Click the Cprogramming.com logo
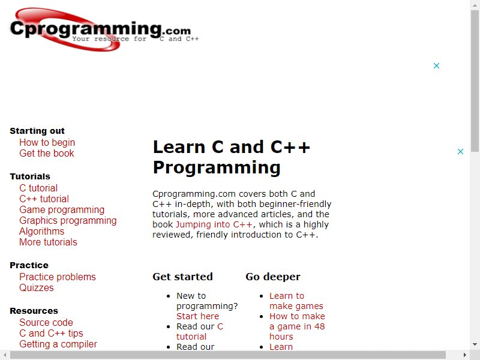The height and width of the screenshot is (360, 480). [x=104, y=29]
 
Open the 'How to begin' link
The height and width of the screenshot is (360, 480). [x=47, y=142]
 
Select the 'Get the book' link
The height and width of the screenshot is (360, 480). [x=47, y=153]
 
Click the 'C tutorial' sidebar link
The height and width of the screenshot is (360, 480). [x=38, y=188]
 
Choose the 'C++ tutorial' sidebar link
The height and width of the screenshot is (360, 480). [x=44, y=199]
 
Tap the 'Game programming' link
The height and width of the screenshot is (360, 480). [x=62, y=209]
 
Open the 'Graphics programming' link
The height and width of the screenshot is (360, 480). [x=68, y=220]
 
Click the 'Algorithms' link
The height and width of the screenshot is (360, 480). [x=41, y=231]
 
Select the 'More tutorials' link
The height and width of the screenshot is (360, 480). [x=48, y=242]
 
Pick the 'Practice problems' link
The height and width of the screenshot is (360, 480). [x=58, y=277]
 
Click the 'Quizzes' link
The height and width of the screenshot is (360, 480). [x=37, y=287]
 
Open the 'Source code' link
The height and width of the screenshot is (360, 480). [x=46, y=322]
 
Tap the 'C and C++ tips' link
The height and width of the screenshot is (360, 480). [x=51, y=333]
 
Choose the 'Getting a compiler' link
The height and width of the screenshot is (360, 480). [x=58, y=344]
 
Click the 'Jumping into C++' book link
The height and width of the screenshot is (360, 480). [x=214, y=224]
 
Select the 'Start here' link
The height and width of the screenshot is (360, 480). [x=198, y=316]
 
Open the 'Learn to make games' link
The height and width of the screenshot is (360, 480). [x=296, y=301]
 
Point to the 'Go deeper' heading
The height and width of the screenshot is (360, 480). [x=273, y=277]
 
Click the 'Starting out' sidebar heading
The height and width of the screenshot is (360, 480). [x=37, y=131]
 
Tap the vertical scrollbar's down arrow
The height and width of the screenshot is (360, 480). [x=475, y=344]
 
